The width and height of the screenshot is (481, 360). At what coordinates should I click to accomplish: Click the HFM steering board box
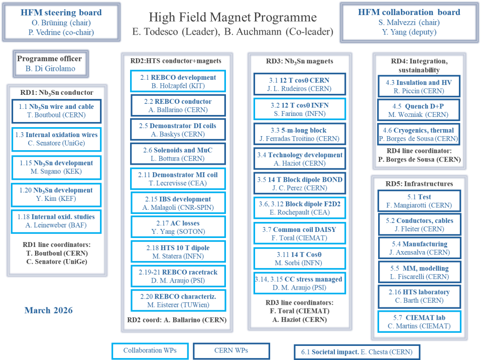61,21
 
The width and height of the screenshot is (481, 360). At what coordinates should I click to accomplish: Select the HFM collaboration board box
409,22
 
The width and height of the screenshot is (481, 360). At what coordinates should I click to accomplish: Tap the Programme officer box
49,63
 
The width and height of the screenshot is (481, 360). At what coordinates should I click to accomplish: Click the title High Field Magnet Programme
233,18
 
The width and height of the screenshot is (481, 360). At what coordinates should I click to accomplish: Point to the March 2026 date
48,310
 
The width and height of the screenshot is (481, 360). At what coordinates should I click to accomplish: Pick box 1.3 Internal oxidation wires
56,139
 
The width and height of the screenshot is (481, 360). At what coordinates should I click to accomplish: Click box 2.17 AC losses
178,228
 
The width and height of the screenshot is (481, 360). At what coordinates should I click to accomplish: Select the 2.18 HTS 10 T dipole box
178,252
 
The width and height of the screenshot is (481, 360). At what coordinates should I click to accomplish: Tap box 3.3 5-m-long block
299,134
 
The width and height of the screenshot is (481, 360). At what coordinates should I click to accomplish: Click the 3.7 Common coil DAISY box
299,234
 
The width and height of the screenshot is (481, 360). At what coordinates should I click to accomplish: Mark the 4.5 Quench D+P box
418,110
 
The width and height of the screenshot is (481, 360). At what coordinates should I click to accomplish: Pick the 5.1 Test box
419,201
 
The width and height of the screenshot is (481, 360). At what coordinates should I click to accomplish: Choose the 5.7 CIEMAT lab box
419,322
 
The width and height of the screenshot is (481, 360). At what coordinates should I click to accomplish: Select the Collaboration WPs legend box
150,351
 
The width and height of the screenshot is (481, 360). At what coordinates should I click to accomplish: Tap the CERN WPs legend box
231,351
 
